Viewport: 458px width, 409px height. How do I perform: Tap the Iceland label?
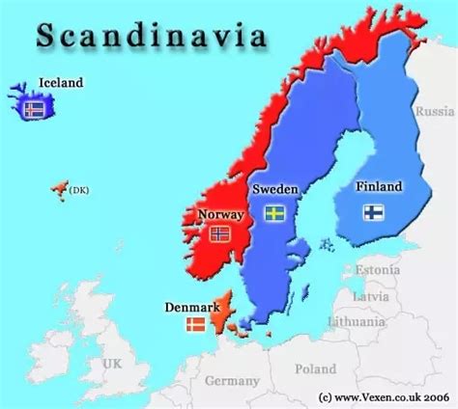[x=60, y=83]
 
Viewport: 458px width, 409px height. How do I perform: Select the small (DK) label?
[x=78, y=190]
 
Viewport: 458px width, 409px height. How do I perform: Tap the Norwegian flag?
[x=219, y=233]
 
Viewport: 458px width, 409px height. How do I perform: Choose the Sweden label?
[x=272, y=189]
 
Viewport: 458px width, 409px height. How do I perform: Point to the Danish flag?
[x=195, y=325]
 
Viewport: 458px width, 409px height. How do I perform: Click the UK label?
[x=113, y=364]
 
